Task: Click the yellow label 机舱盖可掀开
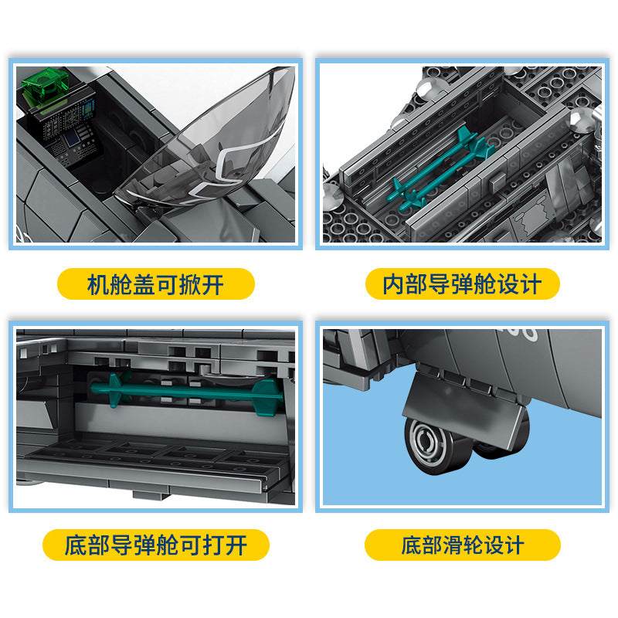coord(155,284)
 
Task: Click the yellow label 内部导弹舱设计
coord(462,284)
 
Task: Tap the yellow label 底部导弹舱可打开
coord(155,545)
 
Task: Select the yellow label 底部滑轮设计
coord(462,545)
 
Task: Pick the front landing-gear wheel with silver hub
coord(430,444)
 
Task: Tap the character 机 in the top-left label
coord(98,284)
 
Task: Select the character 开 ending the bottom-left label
coord(236,545)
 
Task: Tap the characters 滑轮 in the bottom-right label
coord(462,545)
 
